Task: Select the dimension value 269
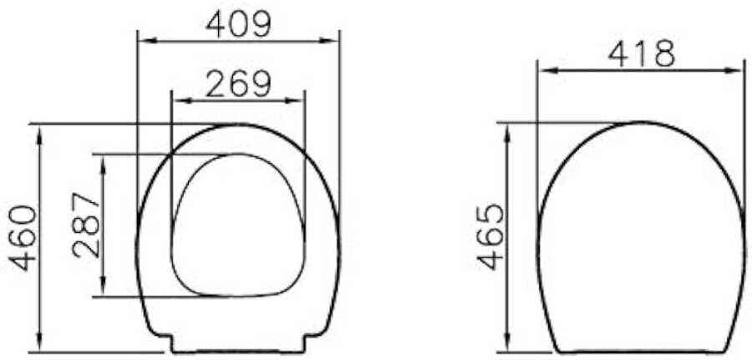[x=238, y=84]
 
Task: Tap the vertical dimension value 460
[x=23, y=238]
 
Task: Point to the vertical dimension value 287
[x=87, y=226]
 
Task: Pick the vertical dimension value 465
[x=491, y=237]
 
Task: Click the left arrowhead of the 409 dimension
[x=145, y=41]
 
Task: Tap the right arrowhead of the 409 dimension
[x=332, y=41]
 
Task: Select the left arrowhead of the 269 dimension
[x=180, y=101]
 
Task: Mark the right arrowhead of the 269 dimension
[x=297, y=101]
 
